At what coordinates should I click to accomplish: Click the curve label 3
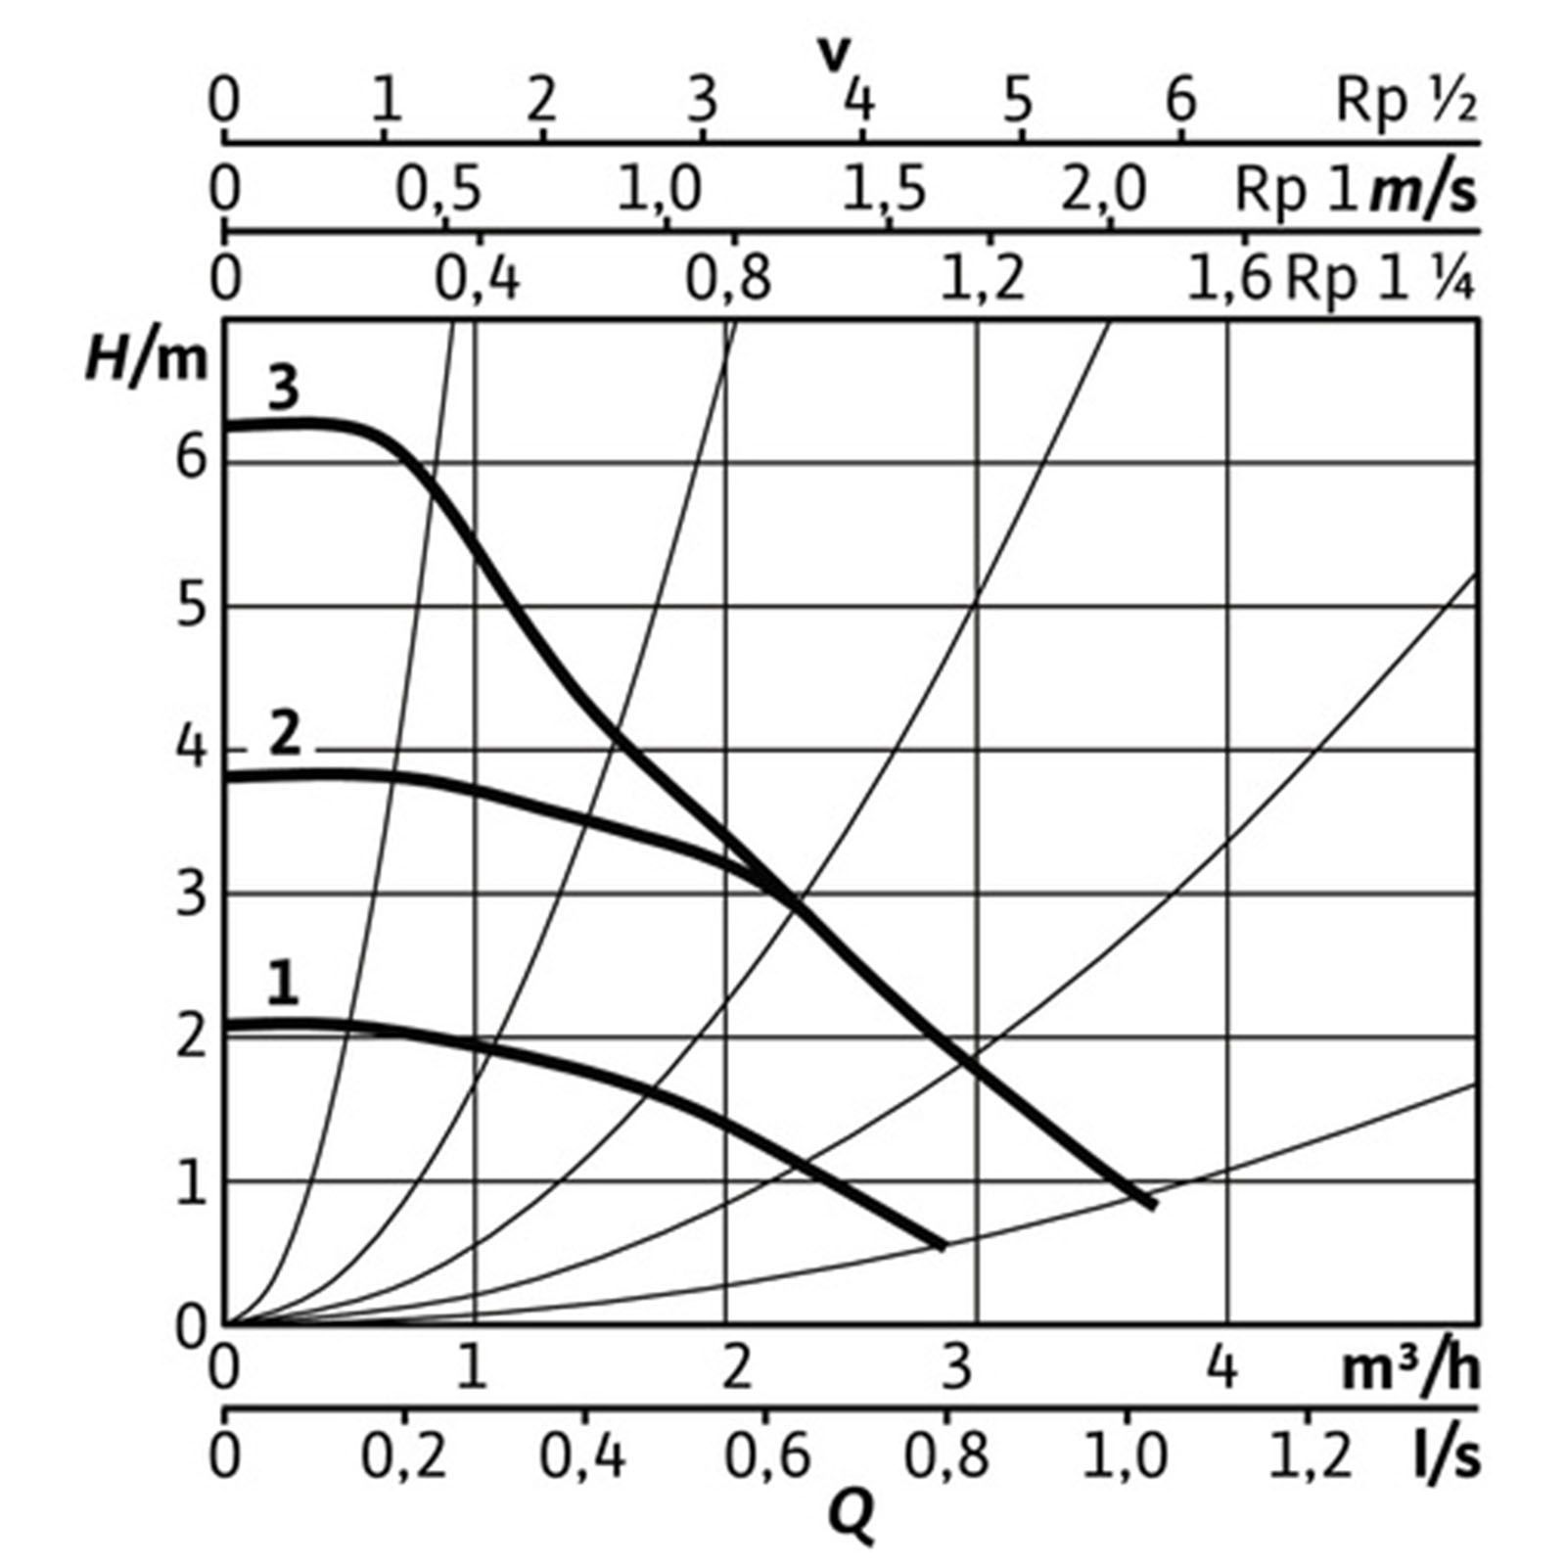(283, 389)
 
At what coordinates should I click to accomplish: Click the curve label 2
(284, 734)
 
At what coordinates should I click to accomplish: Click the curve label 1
(283, 984)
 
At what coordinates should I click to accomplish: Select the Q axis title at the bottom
(851, 1518)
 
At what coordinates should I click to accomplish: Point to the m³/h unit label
(1409, 1369)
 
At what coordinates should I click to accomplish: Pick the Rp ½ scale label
(1405, 101)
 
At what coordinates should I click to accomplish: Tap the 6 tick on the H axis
(192, 458)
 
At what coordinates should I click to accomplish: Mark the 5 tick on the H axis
(192, 607)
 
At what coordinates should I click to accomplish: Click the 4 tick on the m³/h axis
(1223, 1367)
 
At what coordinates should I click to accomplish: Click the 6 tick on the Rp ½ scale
(1182, 101)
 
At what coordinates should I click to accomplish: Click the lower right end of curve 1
(944, 1246)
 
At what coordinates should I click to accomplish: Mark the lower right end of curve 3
(1154, 1205)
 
